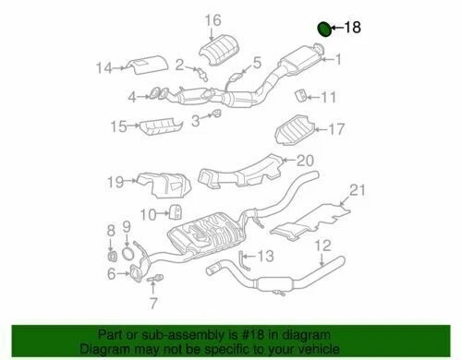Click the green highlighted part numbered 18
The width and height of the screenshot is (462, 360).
tap(324, 29)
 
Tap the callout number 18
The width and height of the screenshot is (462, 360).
tap(353, 28)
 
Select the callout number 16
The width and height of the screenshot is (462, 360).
tap(213, 20)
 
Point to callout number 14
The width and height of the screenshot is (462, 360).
tap(103, 67)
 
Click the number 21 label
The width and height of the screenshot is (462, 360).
tap(359, 191)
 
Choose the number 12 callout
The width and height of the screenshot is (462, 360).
tap(322, 245)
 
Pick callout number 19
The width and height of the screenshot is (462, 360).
tap(114, 182)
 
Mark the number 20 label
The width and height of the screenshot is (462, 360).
tap(305, 161)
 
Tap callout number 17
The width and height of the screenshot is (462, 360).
tap(335, 128)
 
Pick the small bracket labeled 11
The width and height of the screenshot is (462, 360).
tap(299, 95)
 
